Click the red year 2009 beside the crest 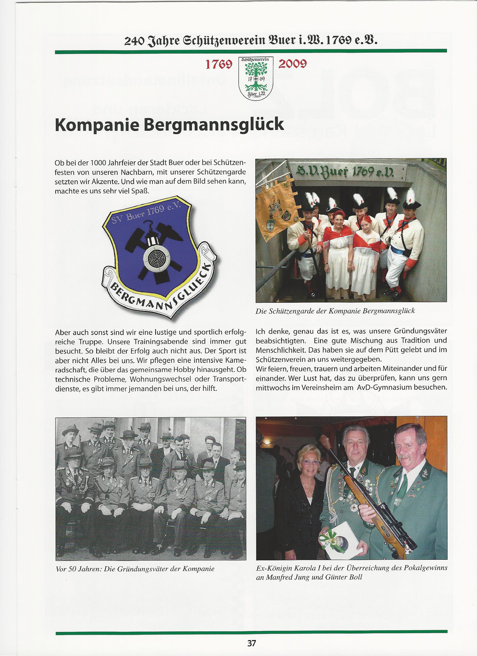coord(292,64)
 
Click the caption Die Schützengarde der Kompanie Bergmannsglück coord(336,311)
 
